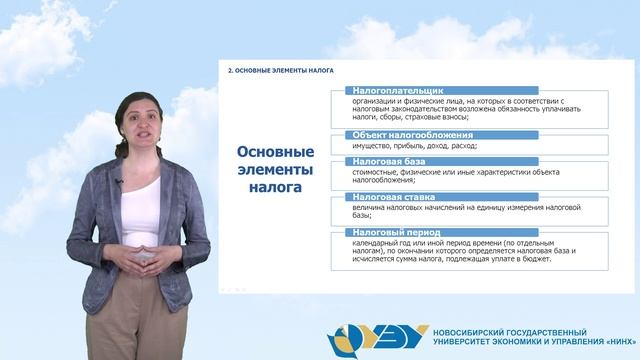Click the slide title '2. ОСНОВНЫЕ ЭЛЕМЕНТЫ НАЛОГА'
[x=280, y=71]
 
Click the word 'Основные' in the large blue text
[x=275, y=152]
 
